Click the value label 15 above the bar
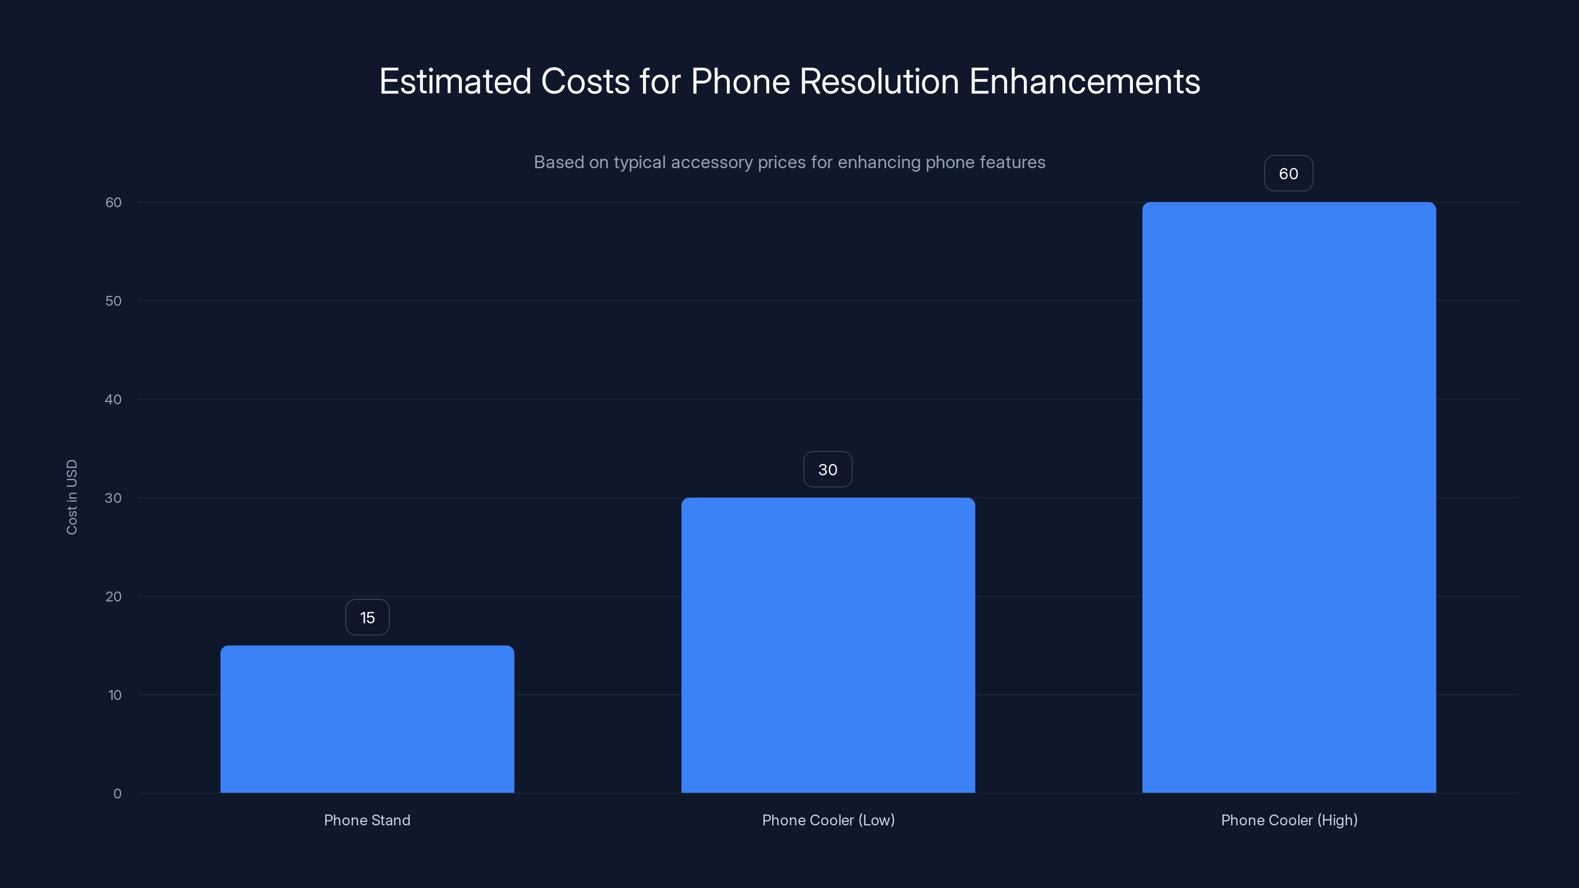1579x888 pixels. (x=367, y=618)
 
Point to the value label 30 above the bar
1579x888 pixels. (x=827, y=470)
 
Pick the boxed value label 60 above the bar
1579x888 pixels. (x=1288, y=174)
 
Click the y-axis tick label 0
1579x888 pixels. (x=117, y=794)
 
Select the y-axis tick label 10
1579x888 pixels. (x=114, y=695)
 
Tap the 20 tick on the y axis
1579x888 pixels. (x=113, y=596)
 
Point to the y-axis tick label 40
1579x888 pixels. (x=113, y=400)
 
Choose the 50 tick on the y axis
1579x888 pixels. (x=113, y=301)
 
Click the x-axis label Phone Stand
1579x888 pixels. (x=367, y=820)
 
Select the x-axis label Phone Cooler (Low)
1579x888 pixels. (x=828, y=820)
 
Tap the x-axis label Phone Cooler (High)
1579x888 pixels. (x=1289, y=820)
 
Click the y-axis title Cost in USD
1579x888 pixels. (x=72, y=497)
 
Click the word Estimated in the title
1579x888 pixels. (x=455, y=81)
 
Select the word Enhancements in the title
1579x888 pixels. (x=1085, y=81)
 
